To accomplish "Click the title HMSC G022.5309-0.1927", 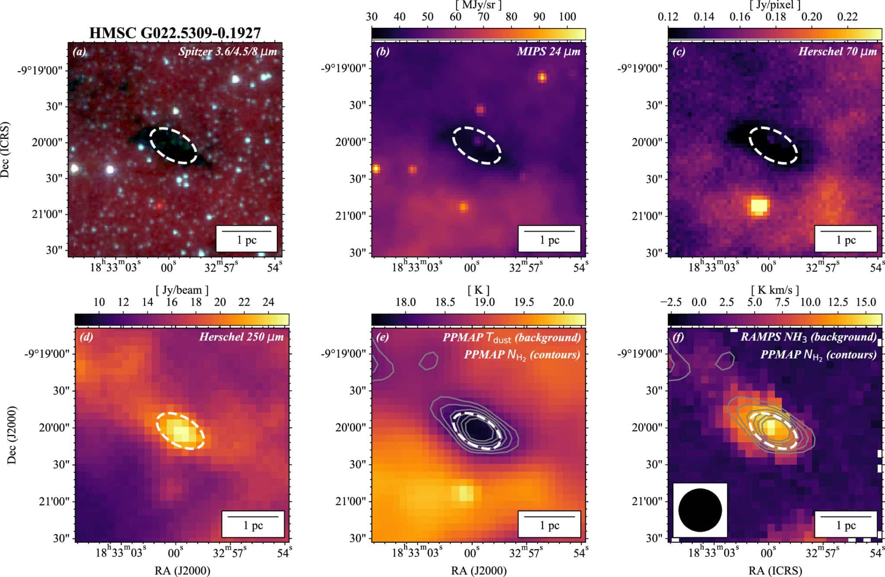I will [x=175, y=33].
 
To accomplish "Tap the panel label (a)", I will [x=80, y=52].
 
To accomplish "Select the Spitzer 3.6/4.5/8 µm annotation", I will [x=228, y=52].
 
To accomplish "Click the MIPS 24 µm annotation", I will [x=549, y=52].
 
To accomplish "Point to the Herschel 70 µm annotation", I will [x=837, y=52].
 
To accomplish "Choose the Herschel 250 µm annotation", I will [x=241, y=337].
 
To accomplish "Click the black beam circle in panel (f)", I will [x=700, y=510].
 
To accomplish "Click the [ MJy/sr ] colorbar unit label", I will [x=478, y=5].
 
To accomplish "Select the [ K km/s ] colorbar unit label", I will [x=775, y=290].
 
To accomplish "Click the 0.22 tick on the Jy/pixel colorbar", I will [x=847, y=17].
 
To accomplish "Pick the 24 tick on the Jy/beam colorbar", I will [x=268, y=302].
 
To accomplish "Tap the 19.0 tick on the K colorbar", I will [x=484, y=302].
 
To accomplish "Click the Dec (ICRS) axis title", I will [x=5, y=149].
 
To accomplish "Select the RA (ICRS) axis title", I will [x=775, y=571].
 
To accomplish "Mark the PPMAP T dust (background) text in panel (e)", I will [x=512, y=337].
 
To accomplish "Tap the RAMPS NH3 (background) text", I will [x=809, y=337].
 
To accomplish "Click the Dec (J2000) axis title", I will [x=12, y=435].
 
